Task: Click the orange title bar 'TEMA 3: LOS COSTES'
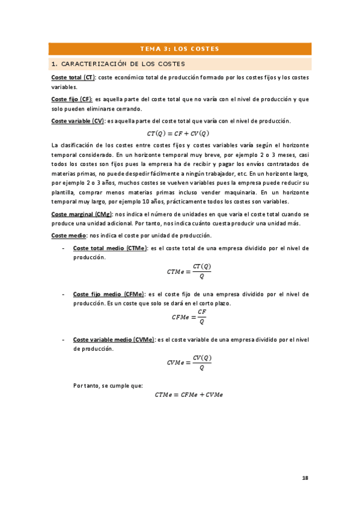179,49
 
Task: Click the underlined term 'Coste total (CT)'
73,78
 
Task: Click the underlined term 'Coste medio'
69,235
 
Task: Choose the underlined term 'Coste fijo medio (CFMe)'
108,294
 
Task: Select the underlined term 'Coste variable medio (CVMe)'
113,340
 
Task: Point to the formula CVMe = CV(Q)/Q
189,362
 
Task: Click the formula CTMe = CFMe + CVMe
189,395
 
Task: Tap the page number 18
305,478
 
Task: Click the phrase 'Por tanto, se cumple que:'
108,385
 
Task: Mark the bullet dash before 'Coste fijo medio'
64,294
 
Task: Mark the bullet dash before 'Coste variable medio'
64,340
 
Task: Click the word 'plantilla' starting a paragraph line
65,192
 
